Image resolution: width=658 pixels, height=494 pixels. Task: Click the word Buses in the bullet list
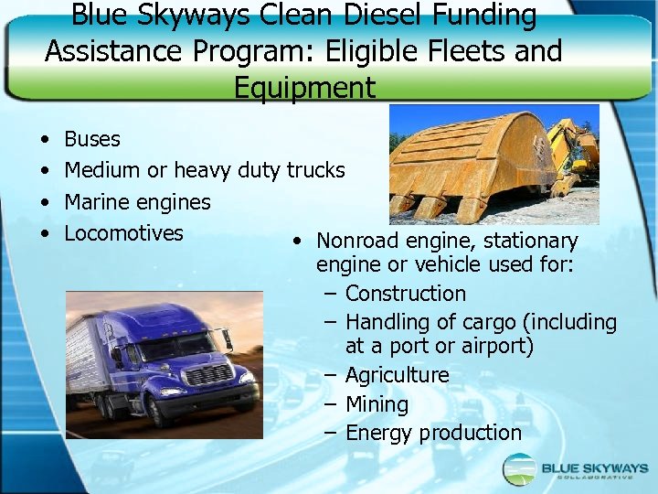[92, 139]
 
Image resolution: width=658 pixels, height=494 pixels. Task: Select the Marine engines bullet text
[137, 202]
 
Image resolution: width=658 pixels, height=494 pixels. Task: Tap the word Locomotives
[123, 233]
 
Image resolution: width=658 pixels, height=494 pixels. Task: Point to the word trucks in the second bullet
[315, 170]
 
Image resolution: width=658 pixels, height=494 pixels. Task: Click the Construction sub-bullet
[405, 294]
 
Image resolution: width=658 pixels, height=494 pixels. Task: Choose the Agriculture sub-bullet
[397, 375]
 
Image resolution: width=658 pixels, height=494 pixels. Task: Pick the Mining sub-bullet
[377, 404]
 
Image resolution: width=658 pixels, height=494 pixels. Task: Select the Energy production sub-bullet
[433, 433]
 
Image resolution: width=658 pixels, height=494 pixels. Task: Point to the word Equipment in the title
[304, 88]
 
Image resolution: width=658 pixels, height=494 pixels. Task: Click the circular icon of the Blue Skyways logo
[520, 469]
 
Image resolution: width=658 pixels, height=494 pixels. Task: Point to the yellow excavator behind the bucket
[573, 151]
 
